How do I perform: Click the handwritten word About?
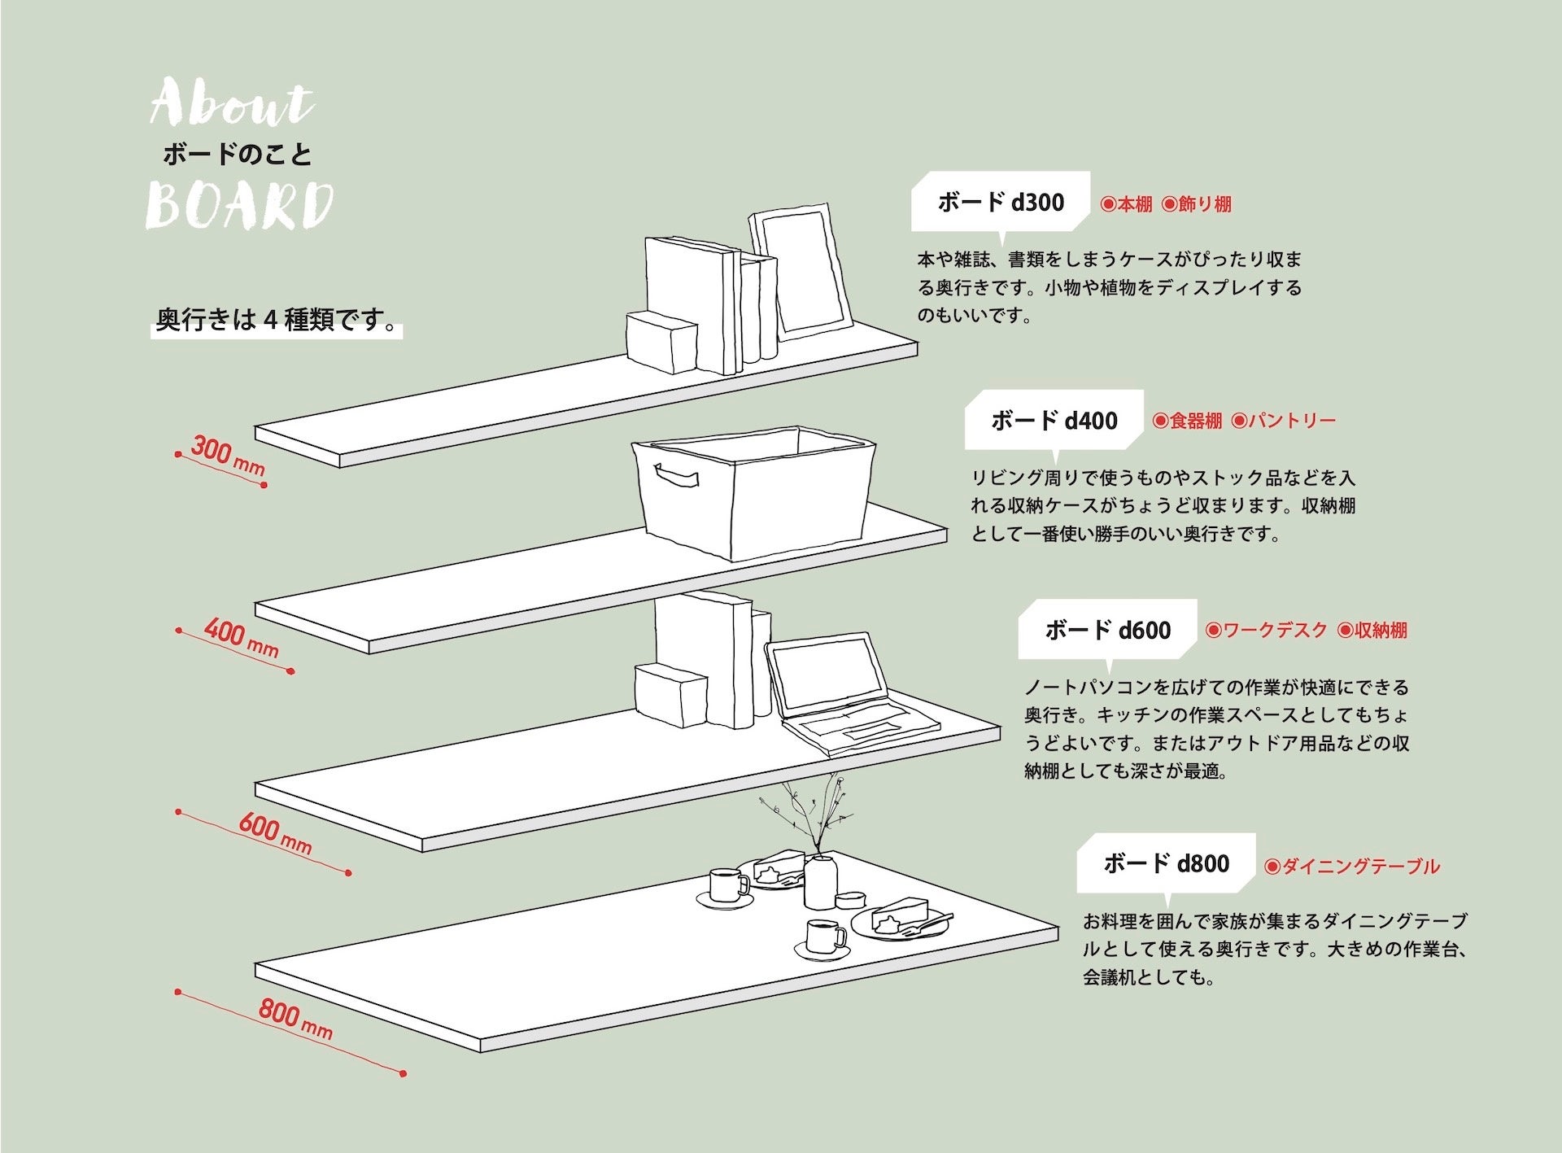click(x=232, y=104)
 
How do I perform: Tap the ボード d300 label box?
click(x=1000, y=202)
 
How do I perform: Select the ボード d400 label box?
click(x=1054, y=421)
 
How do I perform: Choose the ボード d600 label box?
click(x=1107, y=630)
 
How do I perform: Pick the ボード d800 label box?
click(x=1166, y=863)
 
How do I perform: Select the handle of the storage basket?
click(x=676, y=476)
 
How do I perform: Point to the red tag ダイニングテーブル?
click(x=1352, y=867)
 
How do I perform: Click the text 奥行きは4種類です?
click(x=277, y=320)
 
